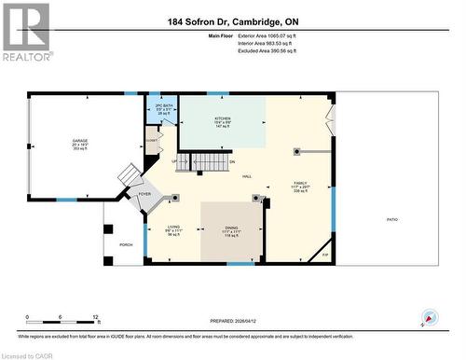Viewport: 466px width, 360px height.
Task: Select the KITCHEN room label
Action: pos(223,119)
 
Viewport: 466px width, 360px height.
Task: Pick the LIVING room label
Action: pos(173,227)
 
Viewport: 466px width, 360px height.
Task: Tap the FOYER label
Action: pos(144,194)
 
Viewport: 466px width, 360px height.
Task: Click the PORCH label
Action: pos(125,244)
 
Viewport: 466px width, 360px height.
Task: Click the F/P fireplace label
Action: pos(325,254)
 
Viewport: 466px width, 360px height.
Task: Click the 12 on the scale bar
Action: pos(95,318)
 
